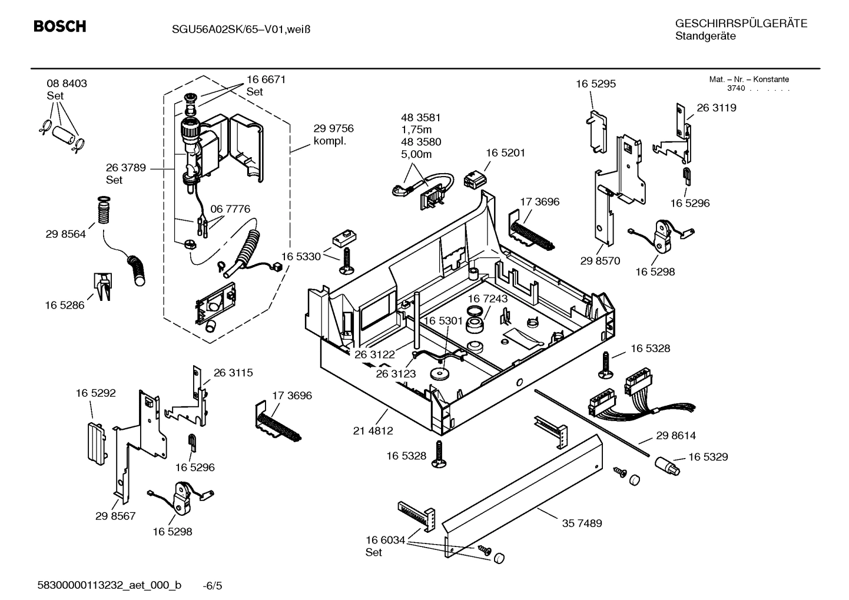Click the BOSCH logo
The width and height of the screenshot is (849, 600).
click(59, 26)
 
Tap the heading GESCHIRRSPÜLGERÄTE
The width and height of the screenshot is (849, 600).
click(741, 24)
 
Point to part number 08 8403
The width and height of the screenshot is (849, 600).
click(67, 84)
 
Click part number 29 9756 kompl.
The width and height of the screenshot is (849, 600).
click(333, 134)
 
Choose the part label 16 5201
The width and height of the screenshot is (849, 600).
click(505, 153)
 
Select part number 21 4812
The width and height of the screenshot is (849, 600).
click(373, 430)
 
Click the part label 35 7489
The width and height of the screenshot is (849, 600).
click(582, 523)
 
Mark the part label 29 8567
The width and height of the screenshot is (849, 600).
click(115, 516)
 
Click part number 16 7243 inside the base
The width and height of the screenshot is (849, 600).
click(487, 299)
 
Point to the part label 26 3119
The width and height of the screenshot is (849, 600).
click(717, 108)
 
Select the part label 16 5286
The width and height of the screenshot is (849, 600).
click(65, 305)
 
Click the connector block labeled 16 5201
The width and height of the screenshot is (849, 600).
click(477, 178)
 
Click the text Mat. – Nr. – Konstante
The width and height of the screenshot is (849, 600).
click(749, 79)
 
